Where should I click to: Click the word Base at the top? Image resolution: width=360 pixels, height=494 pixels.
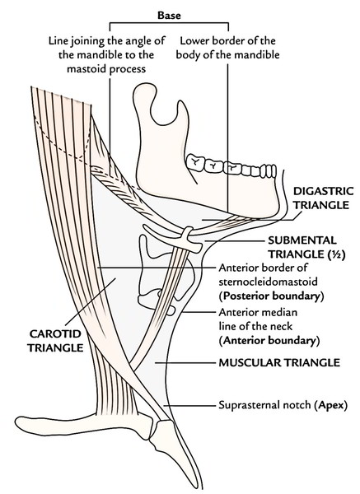(x=169, y=16)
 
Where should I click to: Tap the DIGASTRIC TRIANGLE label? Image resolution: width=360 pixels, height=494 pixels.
(x=323, y=198)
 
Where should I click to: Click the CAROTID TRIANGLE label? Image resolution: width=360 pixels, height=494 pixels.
(x=55, y=341)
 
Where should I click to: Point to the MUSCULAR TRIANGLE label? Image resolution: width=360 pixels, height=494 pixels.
(x=279, y=362)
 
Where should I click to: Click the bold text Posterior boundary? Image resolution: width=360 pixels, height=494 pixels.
(x=272, y=296)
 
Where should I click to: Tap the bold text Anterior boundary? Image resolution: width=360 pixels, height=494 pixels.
(x=270, y=341)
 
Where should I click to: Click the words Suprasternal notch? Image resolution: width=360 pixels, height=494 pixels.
(x=264, y=404)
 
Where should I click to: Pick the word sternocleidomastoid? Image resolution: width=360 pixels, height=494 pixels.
(x=268, y=282)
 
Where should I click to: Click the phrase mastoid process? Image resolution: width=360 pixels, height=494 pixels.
(x=106, y=69)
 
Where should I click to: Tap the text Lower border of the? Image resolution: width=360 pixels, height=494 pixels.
(x=227, y=40)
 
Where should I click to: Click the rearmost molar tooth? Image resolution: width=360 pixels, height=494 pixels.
(x=195, y=162)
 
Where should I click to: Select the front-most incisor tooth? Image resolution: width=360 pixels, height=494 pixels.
(x=273, y=171)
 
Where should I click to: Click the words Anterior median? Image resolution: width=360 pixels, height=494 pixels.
(x=258, y=312)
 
